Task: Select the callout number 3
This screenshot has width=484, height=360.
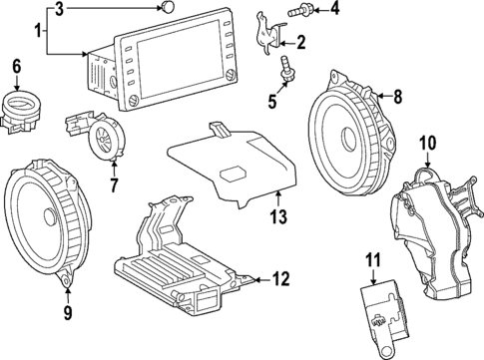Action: pyautogui.click(x=60, y=9)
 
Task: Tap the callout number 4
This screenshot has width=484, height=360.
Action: pyautogui.click(x=334, y=10)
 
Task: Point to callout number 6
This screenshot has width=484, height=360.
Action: pyautogui.click(x=16, y=67)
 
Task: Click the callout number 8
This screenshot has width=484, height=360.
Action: pyautogui.click(x=396, y=97)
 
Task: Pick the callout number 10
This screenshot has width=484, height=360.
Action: pyautogui.click(x=427, y=144)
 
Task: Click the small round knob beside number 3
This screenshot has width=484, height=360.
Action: pyautogui.click(x=171, y=9)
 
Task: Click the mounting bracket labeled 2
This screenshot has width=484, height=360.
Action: pyautogui.click(x=269, y=30)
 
